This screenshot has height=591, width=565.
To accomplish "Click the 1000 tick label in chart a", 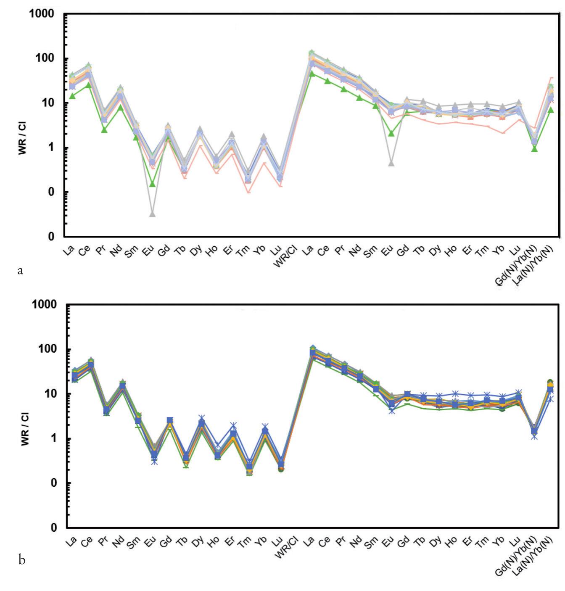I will [x=42, y=14].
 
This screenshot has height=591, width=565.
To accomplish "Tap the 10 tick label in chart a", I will [x=49, y=103].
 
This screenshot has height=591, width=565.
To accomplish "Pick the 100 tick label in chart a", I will [x=45, y=58].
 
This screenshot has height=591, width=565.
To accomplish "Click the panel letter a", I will [x=20, y=271].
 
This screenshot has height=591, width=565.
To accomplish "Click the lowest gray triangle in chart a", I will [x=153, y=214].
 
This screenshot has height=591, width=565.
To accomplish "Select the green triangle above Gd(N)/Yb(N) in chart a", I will [x=534, y=149].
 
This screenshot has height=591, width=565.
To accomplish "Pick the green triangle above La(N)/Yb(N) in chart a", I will [x=551, y=110].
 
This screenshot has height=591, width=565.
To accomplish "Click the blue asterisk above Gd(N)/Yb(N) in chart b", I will [x=534, y=436].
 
